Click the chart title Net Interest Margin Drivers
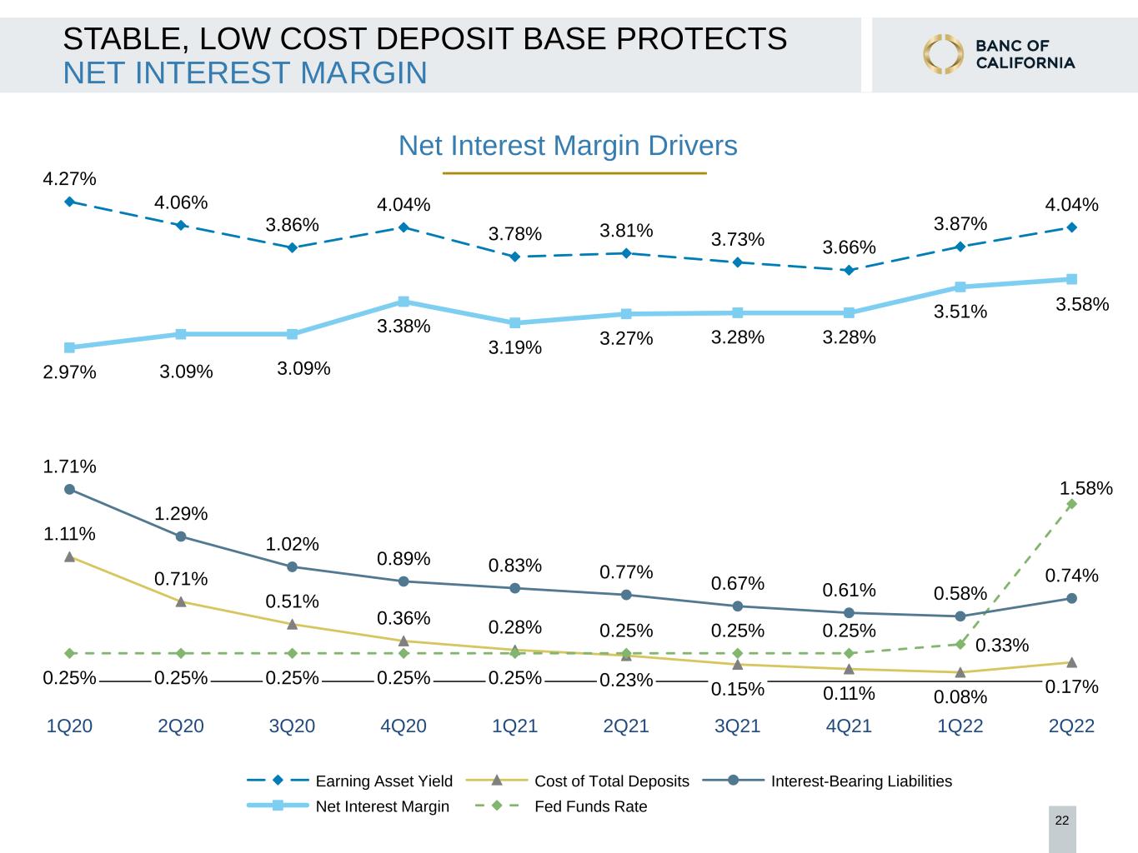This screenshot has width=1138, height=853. [x=568, y=146]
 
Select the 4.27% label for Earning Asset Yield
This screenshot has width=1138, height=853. [x=69, y=178]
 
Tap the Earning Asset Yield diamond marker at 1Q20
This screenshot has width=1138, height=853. [x=69, y=202]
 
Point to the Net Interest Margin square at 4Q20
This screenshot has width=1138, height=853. [x=404, y=302]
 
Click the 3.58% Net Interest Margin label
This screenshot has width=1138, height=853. [x=1082, y=304]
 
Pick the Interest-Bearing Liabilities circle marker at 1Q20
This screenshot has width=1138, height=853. [x=69, y=490]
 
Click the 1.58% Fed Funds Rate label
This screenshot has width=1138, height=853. [x=1085, y=488]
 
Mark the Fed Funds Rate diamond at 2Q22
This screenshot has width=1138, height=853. [x=1071, y=504]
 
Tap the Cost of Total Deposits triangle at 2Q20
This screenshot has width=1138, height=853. [x=181, y=601]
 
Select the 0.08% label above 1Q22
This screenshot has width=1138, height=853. [x=960, y=697]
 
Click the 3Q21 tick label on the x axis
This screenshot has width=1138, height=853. [x=737, y=726]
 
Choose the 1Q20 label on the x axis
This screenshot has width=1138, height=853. [x=69, y=726]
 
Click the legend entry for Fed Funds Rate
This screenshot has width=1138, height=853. [x=561, y=806]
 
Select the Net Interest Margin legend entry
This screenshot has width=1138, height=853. [x=348, y=806]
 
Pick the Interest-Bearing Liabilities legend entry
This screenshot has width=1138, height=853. [x=827, y=781]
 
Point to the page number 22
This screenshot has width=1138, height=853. [x=1062, y=821]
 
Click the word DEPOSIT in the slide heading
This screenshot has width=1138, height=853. [x=445, y=39]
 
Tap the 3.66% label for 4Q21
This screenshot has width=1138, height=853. [x=849, y=247]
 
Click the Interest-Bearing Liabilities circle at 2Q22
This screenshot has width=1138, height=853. [x=1071, y=598]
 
